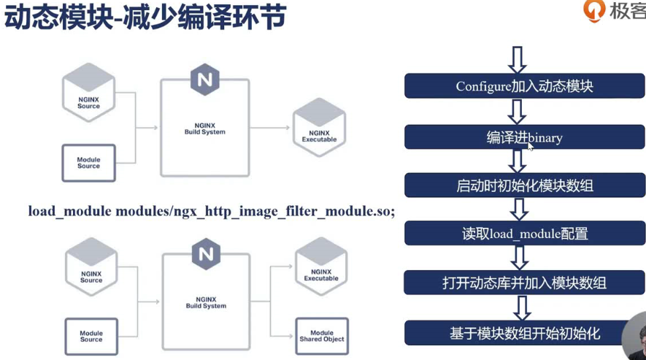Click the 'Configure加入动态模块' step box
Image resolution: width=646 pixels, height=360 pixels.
pyautogui.click(x=524, y=85)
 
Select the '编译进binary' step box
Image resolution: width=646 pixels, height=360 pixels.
pyautogui.click(x=524, y=137)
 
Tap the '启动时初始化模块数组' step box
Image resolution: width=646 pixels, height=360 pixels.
pyautogui.click(x=524, y=185)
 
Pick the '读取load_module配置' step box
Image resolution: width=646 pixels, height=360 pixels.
pyautogui.click(x=524, y=234)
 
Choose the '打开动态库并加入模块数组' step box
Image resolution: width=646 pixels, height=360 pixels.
pyautogui.click(x=524, y=283)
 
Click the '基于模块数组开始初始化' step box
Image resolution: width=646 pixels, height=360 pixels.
pyautogui.click(x=519, y=333)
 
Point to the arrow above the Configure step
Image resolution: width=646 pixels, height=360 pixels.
pyautogui.click(x=517, y=60)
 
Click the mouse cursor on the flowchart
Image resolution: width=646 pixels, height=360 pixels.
pyautogui.click(x=530, y=147)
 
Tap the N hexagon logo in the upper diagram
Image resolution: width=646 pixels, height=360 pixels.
pyautogui.click(x=205, y=80)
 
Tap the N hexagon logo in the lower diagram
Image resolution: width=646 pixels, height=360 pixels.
pyautogui.click(x=206, y=254)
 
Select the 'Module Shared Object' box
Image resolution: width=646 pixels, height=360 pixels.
pyautogui.click(x=322, y=336)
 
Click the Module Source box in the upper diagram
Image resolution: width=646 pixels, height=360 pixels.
pyautogui.click(x=88, y=163)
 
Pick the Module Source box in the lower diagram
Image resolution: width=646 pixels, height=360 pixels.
pyautogui.click(x=91, y=337)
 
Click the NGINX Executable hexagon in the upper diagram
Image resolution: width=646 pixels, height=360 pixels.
pyautogui.click(x=319, y=127)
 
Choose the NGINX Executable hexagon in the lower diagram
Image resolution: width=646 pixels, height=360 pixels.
pyautogui.click(x=321, y=266)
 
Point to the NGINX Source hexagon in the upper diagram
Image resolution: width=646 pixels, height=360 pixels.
pyautogui.click(x=88, y=92)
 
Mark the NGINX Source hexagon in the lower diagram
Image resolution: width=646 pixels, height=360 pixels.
pyautogui.click(x=91, y=267)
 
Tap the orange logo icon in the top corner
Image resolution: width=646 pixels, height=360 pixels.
pyautogui.click(x=594, y=10)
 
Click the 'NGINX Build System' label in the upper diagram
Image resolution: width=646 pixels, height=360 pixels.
pyautogui.click(x=205, y=129)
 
